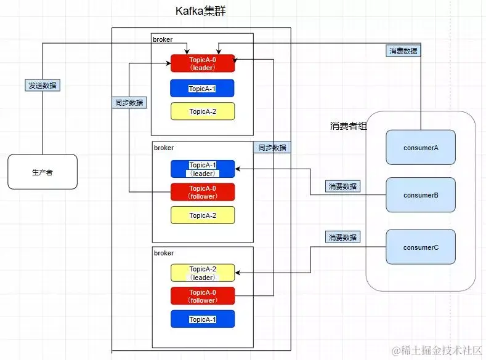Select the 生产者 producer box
pos(42,172)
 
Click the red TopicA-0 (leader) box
pos(203,63)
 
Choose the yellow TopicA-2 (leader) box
pos(203,273)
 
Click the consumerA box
pos(420,147)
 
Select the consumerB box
pos(420,195)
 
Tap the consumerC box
pos(420,247)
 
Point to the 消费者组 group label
pos(349,126)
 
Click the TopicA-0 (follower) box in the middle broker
pos(203,192)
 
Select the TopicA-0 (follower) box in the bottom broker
pos(203,296)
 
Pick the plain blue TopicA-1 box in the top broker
pos(203,89)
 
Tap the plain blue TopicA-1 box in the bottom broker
pos(203,319)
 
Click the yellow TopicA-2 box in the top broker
pos(203,111)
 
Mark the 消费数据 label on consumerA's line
pos(403,51)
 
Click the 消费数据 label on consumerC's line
pos(343,237)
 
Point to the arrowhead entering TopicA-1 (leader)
pos(238,169)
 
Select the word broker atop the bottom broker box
pos(164,253)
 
